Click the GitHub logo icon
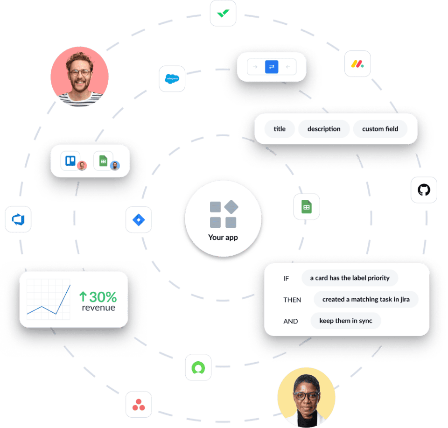(x=424, y=190)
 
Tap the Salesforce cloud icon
(x=172, y=79)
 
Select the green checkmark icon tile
(x=223, y=13)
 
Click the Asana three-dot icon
(x=139, y=404)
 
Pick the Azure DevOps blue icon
(x=18, y=219)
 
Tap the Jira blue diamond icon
(x=139, y=220)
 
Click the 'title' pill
(x=280, y=129)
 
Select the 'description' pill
(x=324, y=129)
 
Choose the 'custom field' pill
(x=380, y=129)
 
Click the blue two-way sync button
(x=272, y=67)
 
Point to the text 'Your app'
(x=223, y=237)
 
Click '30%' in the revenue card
(x=103, y=296)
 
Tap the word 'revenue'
(x=98, y=308)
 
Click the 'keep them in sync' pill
(x=345, y=321)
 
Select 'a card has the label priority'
(x=350, y=278)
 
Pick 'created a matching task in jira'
(x=366, y=299)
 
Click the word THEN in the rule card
(x=292, y=300)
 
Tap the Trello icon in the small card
(x=70, y=161)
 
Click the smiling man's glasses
(x=79, y=73)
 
